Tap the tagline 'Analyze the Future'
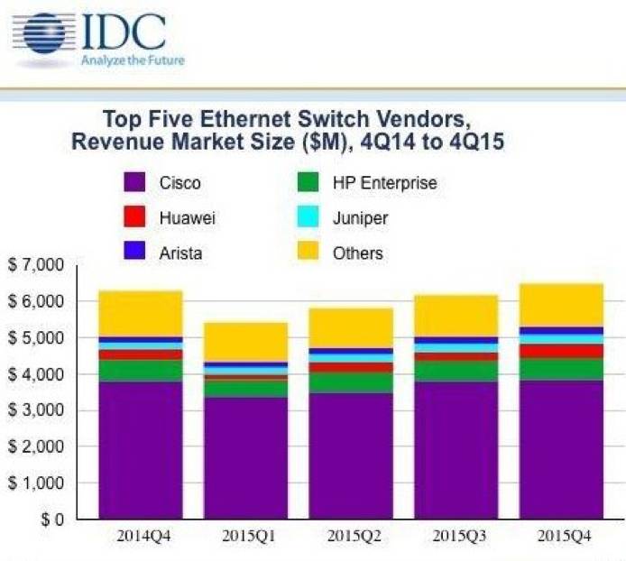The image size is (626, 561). point(133,61)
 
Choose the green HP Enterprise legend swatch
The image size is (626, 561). point(307,183)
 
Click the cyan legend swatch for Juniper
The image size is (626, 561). point(307,217)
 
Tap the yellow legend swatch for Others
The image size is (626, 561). point(307,253)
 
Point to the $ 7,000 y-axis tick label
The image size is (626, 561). point(39,265)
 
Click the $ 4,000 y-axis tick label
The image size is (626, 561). point(39,374)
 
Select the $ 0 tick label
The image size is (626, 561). point(51,520)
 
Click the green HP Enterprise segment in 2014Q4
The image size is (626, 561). point(142,371)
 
